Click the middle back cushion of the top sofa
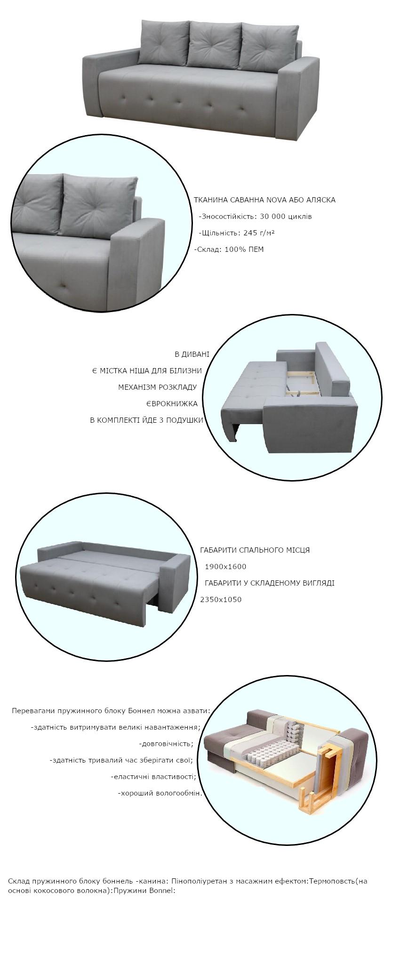pyautogui.click(x=215, y=44)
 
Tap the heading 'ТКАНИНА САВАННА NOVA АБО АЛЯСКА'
pyautogui.click(x=264, y=200)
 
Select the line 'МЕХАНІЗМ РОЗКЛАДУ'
pyautogui.click(x=157, y=387)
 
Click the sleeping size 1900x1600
pyautogui.click(x=225, y=567)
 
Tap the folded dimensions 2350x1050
pyautogui.click(x=221, y=600)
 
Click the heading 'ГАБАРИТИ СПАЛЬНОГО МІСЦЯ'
pyautogui.click(x=255, y=550)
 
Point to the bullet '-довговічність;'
pyautogui.click(x=166, y=744)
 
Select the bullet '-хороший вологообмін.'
pyautogui.click(x=160, y=793)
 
